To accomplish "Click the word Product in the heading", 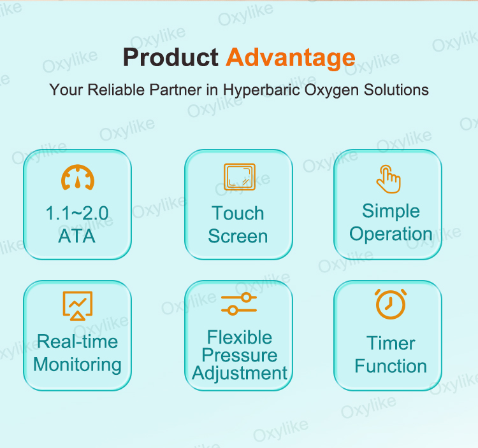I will [170, 57].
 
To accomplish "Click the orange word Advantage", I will [291, 57].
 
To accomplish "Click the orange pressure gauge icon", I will [78, 178].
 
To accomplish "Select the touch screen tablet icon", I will [239, 178].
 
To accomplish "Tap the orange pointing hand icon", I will [388, 179].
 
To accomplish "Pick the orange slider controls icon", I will [239, 304].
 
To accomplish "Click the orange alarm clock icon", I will [391, 304].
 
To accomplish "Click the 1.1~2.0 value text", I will [76, 213].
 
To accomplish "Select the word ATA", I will [76, 236].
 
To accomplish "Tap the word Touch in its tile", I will [238, 213].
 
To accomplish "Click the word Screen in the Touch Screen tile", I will [238, 236].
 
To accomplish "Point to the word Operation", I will [391, 234].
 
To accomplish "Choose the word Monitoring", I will [77, 365].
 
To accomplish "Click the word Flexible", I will [240, 337].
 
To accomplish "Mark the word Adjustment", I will [240, 373].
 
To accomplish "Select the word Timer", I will [391, 343].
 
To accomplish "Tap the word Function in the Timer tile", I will [391, 366].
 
